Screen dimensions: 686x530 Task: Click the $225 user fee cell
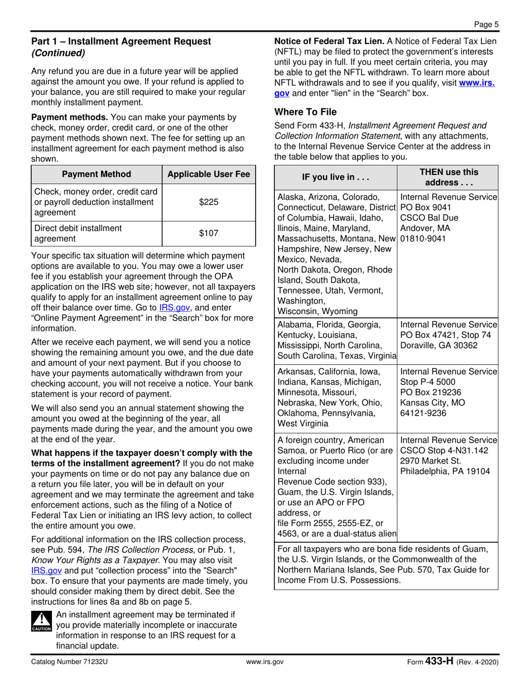pyautogui.click(x=208, y=202)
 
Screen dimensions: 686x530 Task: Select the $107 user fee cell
pyautogui.click(x=208, y=234)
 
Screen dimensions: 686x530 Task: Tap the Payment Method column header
pyautogui.click(x=96, y=175)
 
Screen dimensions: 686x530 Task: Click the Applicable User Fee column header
pyautogui.click(x=208, y=175)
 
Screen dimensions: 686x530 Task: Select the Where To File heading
pyautogui.click(x=305, y=112)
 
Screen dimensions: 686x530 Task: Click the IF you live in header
pyautogui.click(x=335, y=178)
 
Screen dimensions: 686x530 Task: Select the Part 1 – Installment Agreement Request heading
pyautogui.click(x=121, y=41)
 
